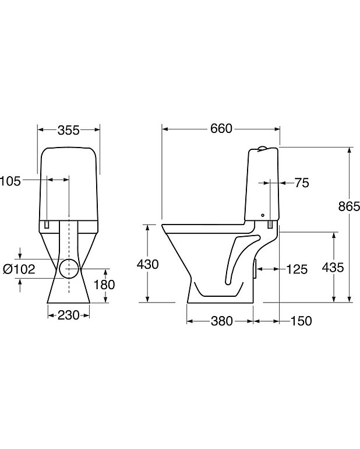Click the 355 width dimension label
(68, 130)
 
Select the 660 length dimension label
(221, 129)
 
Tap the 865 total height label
(349, 206)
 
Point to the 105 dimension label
(10, 181)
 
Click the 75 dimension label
(302, 183)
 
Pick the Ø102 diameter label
(19, 269)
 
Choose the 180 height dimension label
(104, 285)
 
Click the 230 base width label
(69, 315)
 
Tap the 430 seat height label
(147, 264)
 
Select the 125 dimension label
(297, 269)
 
